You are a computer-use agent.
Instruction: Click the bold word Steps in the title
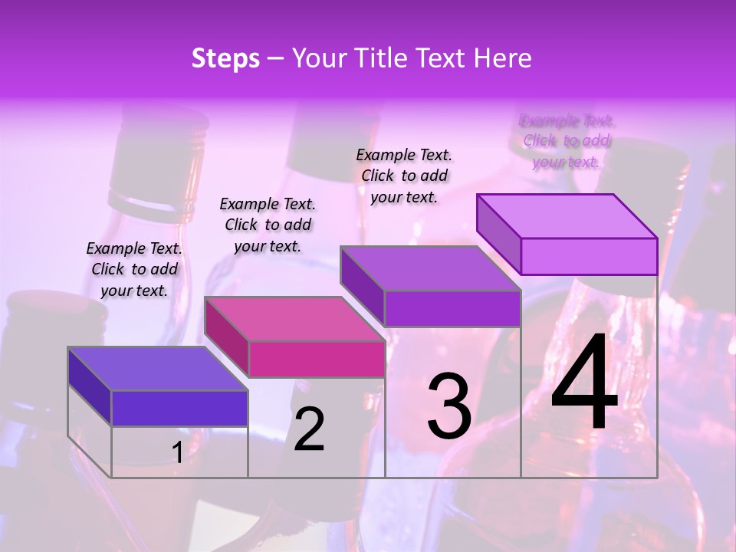225,58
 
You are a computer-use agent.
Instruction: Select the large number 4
584,385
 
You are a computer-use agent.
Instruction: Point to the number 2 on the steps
309,429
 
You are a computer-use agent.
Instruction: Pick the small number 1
178,453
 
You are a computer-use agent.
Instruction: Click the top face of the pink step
294,319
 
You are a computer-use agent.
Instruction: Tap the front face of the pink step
317,359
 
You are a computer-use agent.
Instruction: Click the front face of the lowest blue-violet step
179,408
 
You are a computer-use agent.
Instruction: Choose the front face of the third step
452,309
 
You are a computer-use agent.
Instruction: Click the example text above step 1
134,269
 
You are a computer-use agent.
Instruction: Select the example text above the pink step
268,225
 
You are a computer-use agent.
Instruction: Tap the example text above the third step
404,176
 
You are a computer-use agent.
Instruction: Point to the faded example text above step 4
567,141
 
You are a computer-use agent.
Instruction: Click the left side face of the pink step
227,337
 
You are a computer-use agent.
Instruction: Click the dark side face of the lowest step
90,386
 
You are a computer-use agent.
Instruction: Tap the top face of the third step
431,268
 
